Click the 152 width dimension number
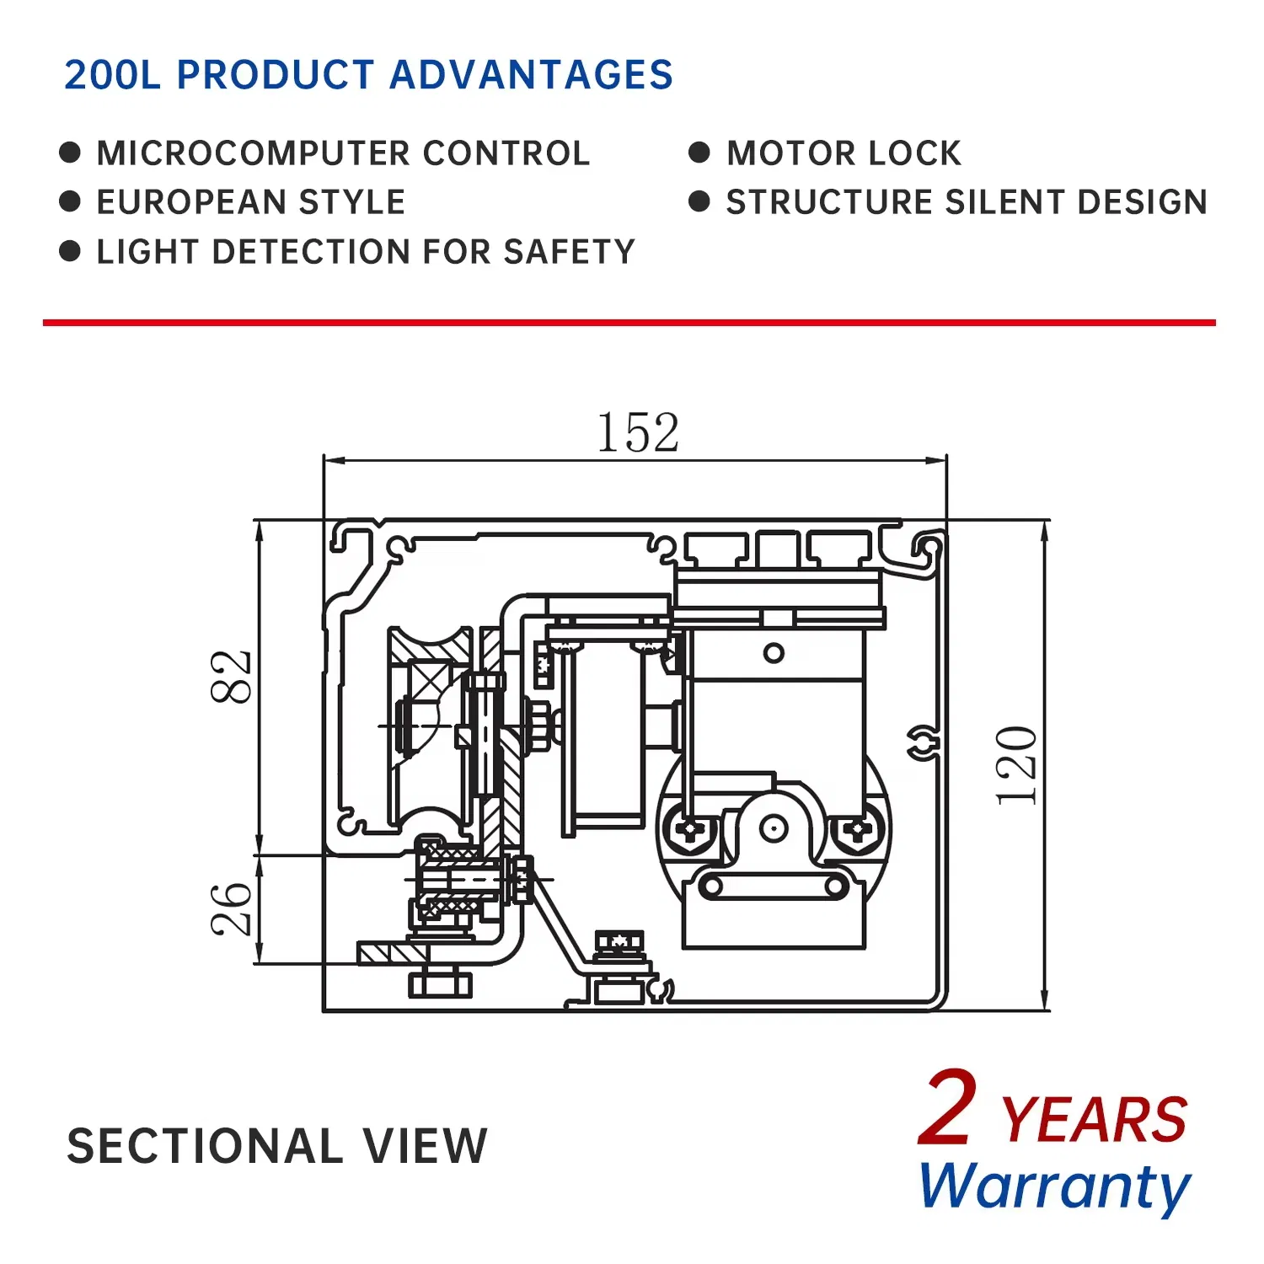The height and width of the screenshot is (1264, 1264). (x=637, y=433)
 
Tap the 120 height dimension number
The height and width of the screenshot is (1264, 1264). (x=1017, y=765)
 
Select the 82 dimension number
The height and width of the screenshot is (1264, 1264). (x=231, y=677)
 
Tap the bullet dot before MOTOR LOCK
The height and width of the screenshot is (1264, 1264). (x=699, y=153)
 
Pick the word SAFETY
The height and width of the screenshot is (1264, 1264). (x=569, y=252)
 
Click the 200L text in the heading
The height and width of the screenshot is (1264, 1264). (x=112, y=75)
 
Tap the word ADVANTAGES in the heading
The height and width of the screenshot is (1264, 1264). (x=531, y=75)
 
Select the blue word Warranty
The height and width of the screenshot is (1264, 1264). (x=1054, y=1186)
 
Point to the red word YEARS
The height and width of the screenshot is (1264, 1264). (x=1094, y=1121)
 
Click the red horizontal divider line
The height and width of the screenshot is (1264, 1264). (x=629, y=322)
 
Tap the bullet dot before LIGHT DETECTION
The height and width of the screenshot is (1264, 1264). (x=70, y=251)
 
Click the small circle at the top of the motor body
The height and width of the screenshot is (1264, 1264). (x=774, y=653)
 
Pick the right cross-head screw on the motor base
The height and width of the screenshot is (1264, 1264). (x=857, y=830)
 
